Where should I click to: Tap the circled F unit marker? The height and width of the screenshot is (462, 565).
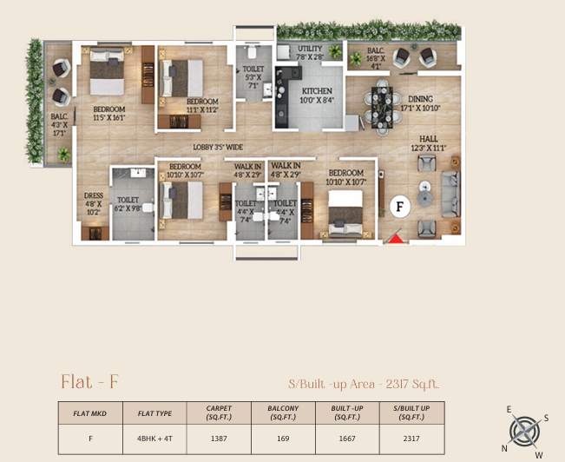pyautogui.click(x=399, y=207)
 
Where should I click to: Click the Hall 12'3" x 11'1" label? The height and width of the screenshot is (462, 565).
pyautogui.click(x=428, y=143)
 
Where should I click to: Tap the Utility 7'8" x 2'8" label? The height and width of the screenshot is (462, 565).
pyautogui.click(x=310, y=53)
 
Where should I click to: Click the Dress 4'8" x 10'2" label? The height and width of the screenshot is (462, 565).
pyautogui.click(x=94, y=203)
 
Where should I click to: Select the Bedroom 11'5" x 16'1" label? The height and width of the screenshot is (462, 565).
pyautogui.click(x=110, y=113)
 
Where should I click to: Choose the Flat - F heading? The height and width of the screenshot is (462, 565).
pyautogui.click(x=90, y=381)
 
